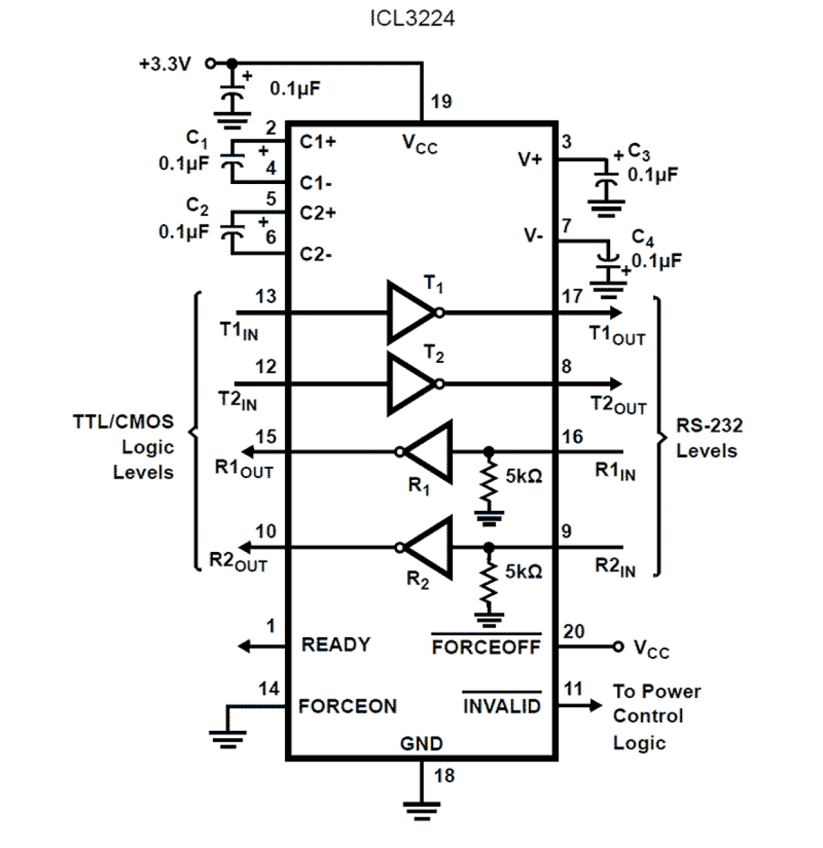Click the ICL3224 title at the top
point(412,18)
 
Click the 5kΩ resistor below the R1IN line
point(489,483)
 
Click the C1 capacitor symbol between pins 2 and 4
point(232,160)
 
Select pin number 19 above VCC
point(441,101)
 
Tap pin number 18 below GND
point(444,776)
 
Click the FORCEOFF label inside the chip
point(486,647)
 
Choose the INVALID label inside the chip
point(502,706)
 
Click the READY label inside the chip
point(335,644)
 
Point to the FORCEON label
point(347,706)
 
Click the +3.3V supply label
point(165,64)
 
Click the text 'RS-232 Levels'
point(709,438)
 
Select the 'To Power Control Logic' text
point(655,717)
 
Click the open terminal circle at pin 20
point(618,647)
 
